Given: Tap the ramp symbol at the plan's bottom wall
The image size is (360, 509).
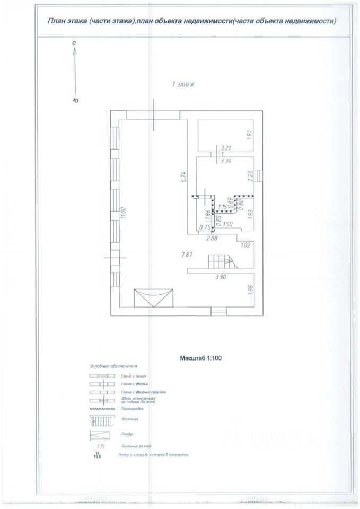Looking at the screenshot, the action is click(154, 297).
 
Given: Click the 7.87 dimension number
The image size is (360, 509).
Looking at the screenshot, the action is click(186, 254).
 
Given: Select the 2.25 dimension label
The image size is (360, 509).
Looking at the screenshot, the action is click(249, 176).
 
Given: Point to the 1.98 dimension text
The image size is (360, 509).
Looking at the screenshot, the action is click(249, 291).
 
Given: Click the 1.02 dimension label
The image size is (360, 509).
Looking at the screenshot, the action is click(245, 245).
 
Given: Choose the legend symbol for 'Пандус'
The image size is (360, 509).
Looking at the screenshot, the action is click(100, 435).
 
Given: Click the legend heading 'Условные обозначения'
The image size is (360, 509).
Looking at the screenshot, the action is click(113, 366).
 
